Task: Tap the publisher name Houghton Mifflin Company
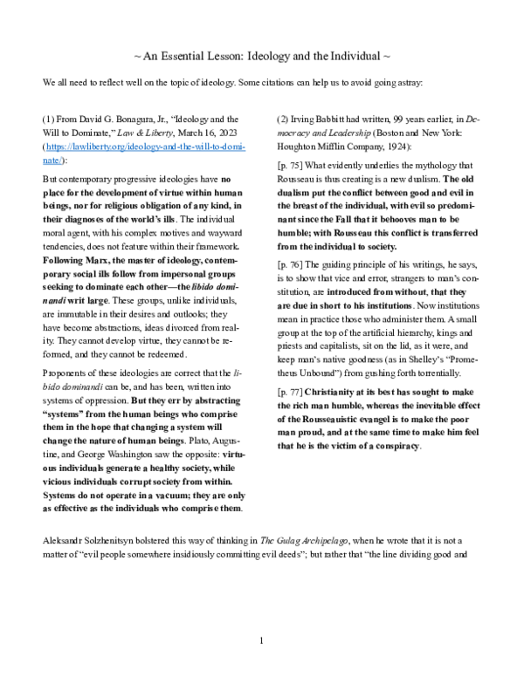coord(333,147)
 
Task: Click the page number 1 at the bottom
coord(261,645)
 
